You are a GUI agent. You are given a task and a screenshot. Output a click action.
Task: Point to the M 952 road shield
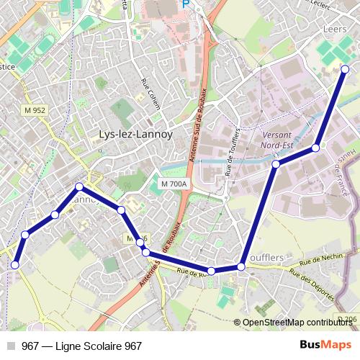[x=35, y=110]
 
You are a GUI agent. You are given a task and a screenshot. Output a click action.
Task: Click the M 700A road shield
[x=174, y=184]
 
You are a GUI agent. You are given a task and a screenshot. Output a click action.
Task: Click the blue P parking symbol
[x=186, y=4]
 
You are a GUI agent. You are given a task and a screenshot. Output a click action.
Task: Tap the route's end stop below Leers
[x=345, y=69]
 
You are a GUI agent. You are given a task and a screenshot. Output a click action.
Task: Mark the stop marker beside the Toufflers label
[x=241, y=266]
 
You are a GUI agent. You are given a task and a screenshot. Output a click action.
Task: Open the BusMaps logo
[x=325, y=346]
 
